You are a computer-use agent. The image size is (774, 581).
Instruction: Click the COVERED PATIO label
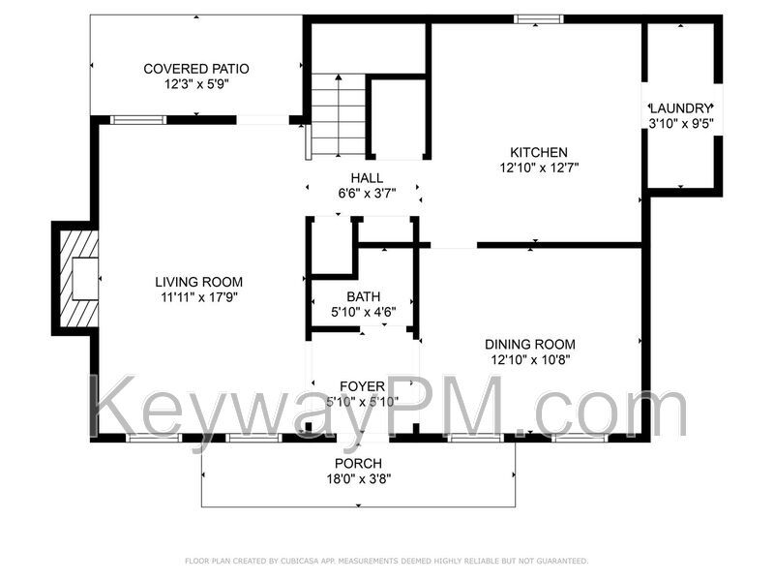196,69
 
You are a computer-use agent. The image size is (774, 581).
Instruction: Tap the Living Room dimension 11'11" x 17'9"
199,297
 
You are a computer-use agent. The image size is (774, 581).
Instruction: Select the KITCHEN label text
539,152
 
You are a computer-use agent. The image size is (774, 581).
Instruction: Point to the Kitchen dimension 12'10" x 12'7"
539,168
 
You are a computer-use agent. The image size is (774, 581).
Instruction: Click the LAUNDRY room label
680,108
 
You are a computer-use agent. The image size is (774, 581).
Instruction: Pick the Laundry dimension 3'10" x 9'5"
681,124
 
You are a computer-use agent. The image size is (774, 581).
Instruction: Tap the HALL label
367,178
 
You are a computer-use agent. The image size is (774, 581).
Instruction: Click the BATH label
364,296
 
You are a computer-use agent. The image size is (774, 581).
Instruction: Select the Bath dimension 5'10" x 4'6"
364,312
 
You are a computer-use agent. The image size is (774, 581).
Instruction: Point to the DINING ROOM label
529,345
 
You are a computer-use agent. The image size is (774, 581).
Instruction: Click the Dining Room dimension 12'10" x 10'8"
530,359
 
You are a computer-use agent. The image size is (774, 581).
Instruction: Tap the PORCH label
358,464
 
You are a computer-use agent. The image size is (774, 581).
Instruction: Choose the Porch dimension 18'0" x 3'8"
359,478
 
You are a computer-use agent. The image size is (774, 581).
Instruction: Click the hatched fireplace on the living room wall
78,279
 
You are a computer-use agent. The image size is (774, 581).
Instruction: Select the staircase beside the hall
338,114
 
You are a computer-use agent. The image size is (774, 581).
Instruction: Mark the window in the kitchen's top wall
538,19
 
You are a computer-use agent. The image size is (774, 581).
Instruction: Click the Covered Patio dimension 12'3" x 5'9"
196,84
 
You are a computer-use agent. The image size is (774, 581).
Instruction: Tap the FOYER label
362,386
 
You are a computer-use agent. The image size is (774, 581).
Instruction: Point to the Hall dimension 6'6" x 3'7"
367,193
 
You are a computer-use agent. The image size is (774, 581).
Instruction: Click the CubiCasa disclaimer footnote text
386,561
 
